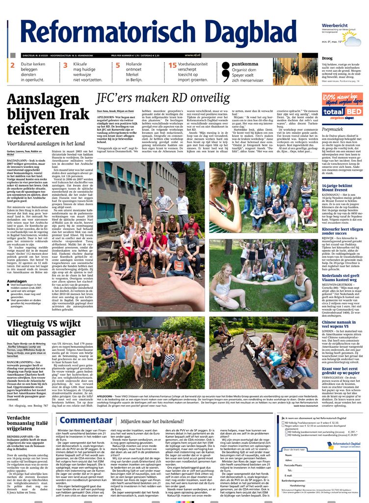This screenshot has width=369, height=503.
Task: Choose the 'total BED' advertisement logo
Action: [x=342, y=111]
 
